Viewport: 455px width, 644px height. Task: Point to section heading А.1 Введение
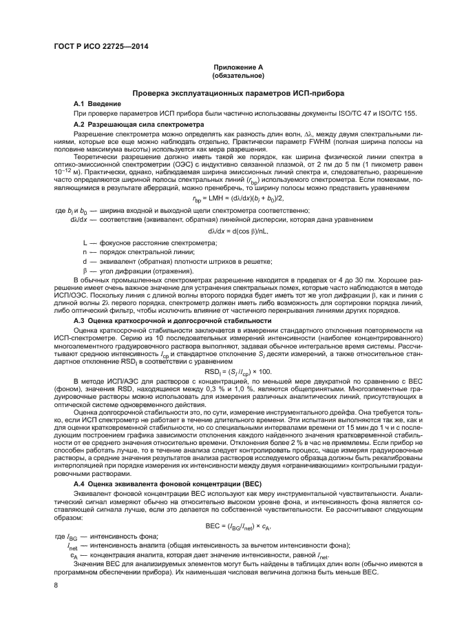pyautogui.click(x=97, y=103)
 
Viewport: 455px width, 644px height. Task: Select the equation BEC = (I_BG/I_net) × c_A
pyautogui.click(x=227, y=526)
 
